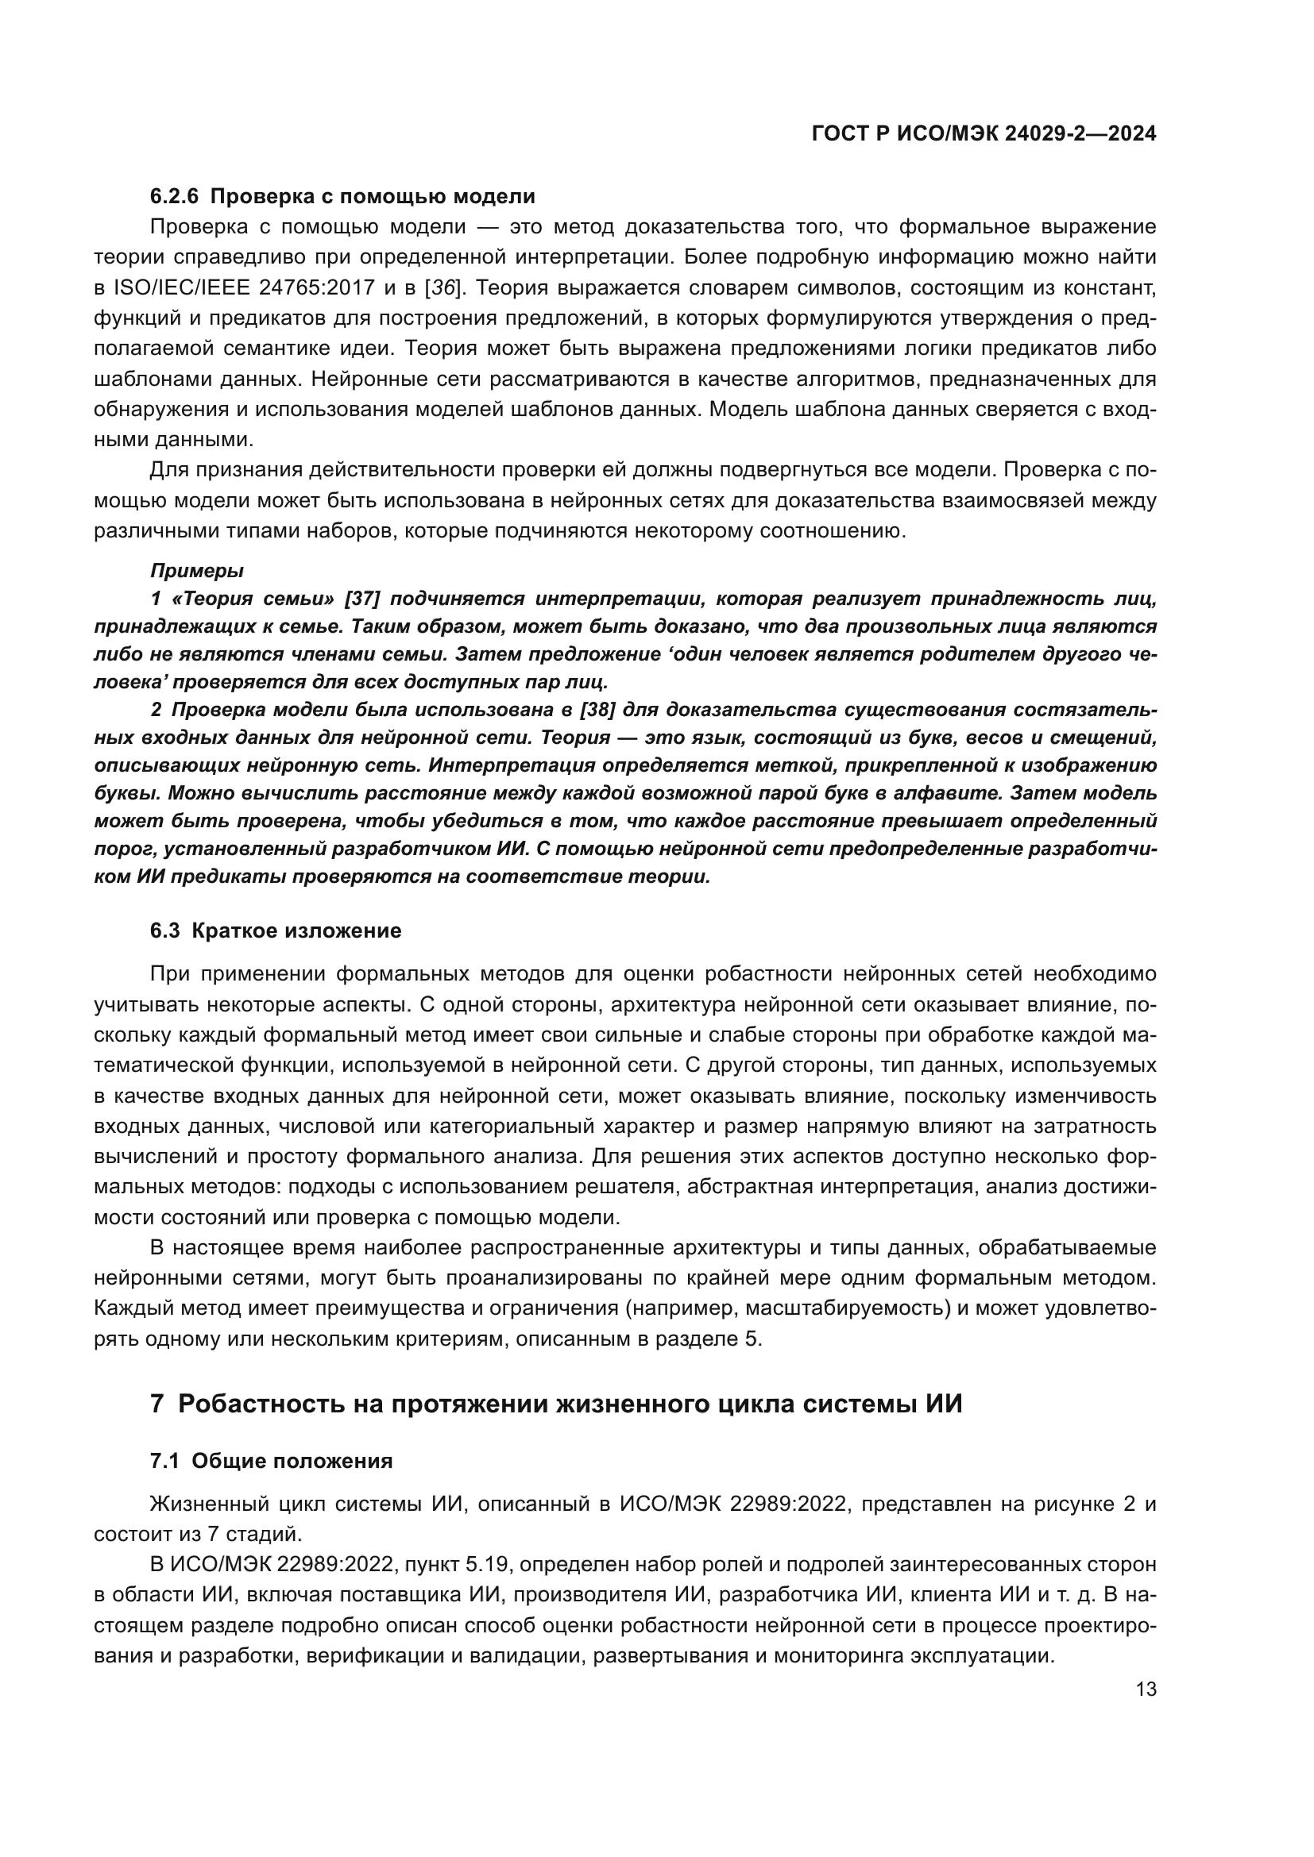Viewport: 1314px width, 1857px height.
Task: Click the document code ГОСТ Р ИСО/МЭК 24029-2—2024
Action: (x=983, y=134)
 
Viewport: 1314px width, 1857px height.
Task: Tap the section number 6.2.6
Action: (x=174, y=197)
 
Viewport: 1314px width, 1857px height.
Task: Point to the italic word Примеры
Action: (x=196, y=571)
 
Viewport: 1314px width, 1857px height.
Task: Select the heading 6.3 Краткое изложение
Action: (x=275, y=931)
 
